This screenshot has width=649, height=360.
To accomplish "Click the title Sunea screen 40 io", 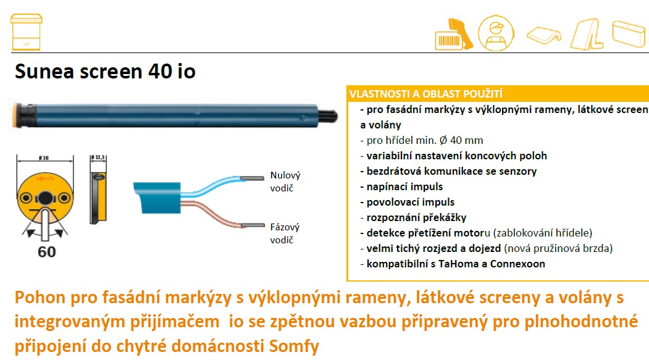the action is (105, 72).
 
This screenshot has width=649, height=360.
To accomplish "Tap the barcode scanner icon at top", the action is (454, 35).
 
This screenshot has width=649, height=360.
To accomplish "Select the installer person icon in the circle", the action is (496, 33).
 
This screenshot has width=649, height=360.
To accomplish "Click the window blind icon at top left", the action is (26, 32).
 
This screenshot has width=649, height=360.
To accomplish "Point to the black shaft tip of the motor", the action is (328, 116).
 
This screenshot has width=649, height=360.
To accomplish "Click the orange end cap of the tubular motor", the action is (17, 115).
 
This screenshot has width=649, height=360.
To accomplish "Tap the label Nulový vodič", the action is (285, 182).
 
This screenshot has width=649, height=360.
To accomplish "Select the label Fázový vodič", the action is (285, 233).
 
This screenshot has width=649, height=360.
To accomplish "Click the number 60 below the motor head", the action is (47, 252).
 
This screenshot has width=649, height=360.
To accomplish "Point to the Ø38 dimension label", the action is (44, 157).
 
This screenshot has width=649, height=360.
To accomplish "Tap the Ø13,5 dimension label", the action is (99, 157).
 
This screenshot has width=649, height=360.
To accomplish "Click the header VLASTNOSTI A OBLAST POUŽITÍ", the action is (426, 94).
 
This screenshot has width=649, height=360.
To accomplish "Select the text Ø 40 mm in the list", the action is (461, 140).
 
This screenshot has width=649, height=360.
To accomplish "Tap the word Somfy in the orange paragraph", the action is (294, 346).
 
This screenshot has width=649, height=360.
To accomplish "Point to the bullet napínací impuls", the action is (401, 186).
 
